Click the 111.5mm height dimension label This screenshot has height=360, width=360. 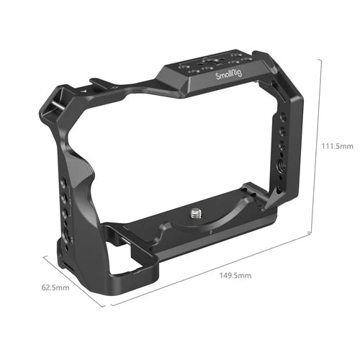[337, 145]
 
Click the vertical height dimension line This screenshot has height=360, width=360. [317, 144]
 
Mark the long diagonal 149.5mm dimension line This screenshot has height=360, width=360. [209, 270]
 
